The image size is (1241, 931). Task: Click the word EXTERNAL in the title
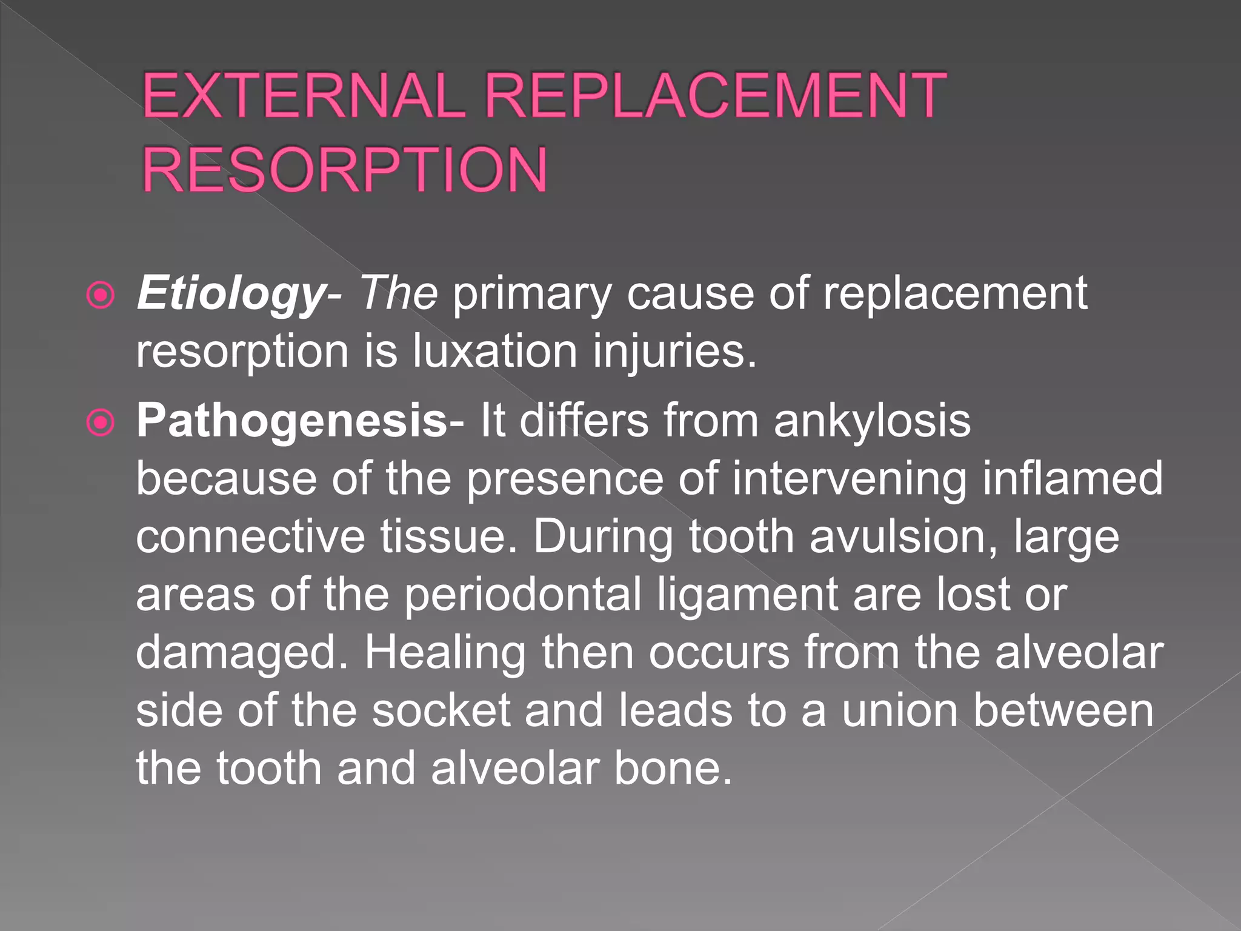[304, 95]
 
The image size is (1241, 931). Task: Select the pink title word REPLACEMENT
[715, 95]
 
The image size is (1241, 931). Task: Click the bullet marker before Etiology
[101, 296]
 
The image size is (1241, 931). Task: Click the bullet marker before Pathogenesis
[101, 422]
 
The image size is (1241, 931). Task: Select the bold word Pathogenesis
[291, 421]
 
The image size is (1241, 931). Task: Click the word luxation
[494, 351]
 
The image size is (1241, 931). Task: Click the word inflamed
[1072, 478]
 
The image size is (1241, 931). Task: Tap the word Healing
[445, 653]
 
